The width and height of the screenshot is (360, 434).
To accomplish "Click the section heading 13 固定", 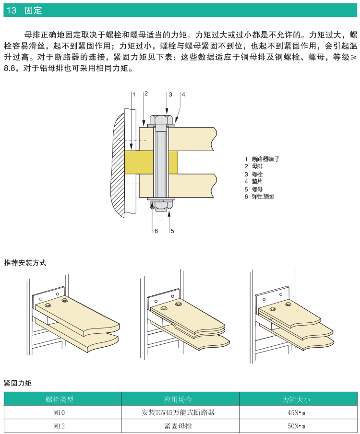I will click(24, 10).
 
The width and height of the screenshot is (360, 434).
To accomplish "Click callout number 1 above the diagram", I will click(134, 94).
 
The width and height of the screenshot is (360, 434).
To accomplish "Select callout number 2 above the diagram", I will click(146, 94).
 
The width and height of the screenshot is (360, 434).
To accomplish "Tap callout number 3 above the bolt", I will click(170, 94).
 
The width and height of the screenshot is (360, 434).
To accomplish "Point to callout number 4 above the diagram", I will click(183, 94).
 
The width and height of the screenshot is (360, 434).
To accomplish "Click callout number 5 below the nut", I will click(172, 231).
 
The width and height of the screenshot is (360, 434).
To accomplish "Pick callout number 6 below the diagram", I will click(156, 231).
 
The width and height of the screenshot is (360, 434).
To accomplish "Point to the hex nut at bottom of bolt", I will click(161, 205).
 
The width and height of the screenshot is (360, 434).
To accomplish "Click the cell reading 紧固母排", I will click(180, 426).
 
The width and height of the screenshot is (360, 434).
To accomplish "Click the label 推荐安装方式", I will click(25, 263).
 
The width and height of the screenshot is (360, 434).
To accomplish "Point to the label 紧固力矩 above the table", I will click(18, 383).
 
